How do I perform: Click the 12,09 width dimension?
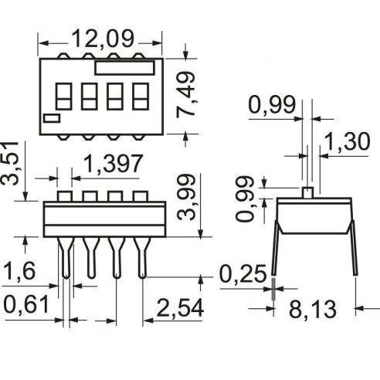[103, 39]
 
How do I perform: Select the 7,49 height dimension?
[186, 94]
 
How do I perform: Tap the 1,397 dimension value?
[113, 164]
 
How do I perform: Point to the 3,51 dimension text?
[10, 163]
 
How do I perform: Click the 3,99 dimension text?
[187, 197]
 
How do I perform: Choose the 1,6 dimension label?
[19, 271]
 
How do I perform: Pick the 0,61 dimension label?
[26, 304]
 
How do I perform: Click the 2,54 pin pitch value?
[180, 308]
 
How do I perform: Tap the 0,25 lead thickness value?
[243, 274]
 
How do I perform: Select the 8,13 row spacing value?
[313, 309]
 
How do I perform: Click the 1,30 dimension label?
[347, 141]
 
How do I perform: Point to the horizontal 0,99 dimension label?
[272, 105]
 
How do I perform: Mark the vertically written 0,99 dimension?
[245, 198]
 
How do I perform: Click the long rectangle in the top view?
[124, 68]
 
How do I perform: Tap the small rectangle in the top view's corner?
[52, 118]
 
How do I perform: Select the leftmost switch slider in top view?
[63, 97]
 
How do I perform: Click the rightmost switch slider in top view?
[141, 97]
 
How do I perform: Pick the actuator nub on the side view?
[307, 193]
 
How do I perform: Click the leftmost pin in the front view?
[66, 257]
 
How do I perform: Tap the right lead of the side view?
[354, 248]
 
